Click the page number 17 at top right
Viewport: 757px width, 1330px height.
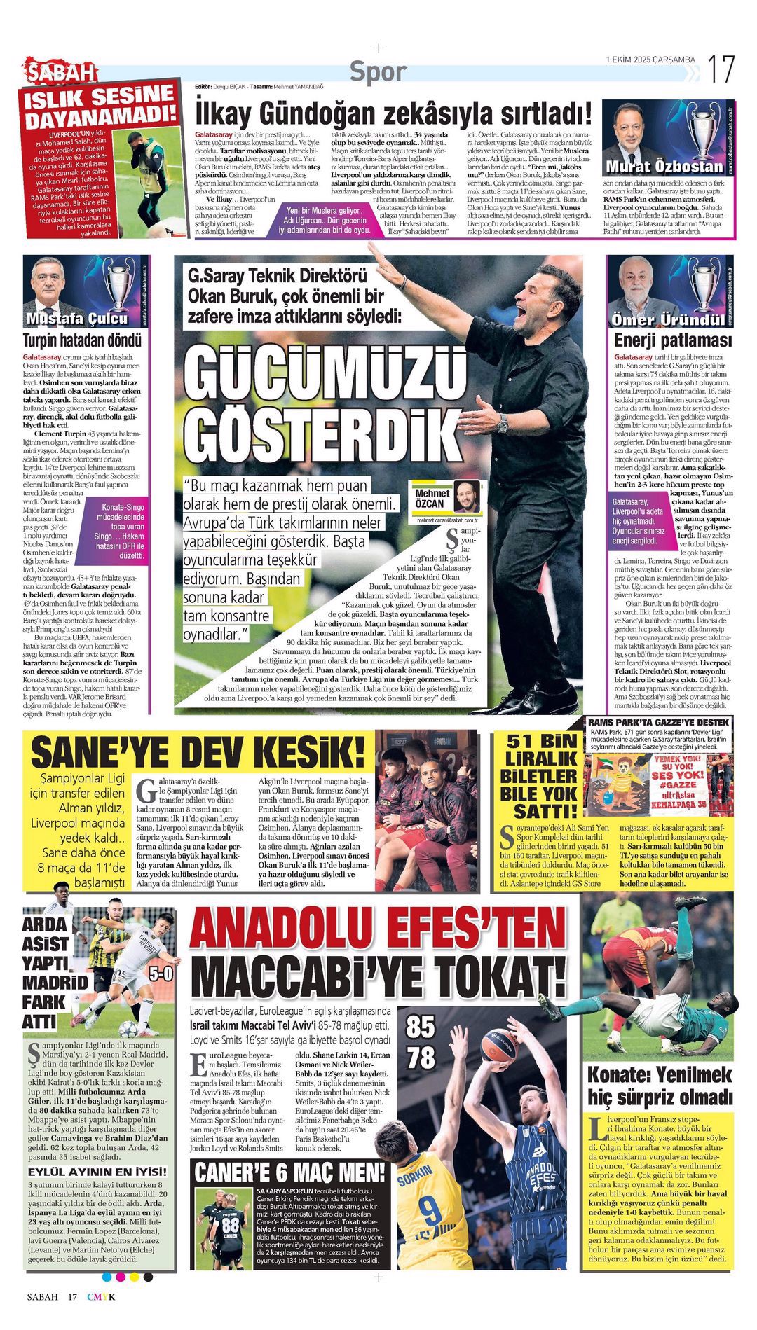pyautogui.click(x=721, y=69)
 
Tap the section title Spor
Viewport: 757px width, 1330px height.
pyautogui.click(x=378, y=71)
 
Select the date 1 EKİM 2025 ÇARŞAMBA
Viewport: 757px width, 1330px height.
pyautogui.click(x=650, y=60)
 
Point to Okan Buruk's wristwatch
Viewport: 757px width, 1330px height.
pyautogui.click(x=502, y=424)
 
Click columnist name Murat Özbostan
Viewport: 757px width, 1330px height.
pyautogui.click(x=664, y=167)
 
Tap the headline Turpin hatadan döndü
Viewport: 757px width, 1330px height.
pyautogui.click(x=83, y=340)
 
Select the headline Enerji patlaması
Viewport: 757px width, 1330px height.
pyautogui.click(x=672, y=340)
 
